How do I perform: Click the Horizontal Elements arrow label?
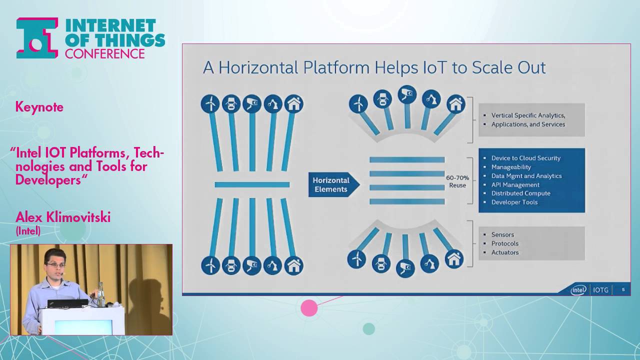click(x=331, y=185)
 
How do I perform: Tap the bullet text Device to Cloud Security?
click(x=525, y=158)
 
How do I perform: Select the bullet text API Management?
click(x=515, y=184)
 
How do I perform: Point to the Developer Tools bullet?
click(x=514, y=202)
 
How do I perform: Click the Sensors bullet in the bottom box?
click(x=502, y=234)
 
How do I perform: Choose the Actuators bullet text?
click(x=505, y=252)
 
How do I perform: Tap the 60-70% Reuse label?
click(x=457, y=181)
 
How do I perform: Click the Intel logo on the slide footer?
click(x=578, y=289)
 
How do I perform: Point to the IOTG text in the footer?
click(x=600, y=290)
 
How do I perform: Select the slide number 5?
click(x=623, y=289)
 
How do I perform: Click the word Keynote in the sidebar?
click(x=39, y=107)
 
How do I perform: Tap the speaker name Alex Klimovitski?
click(x=63, y=217)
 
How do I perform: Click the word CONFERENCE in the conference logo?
click(x=104, y=53)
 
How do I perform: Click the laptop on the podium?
click(x=67, y=303)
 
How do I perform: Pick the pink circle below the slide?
click(x=309, y=308)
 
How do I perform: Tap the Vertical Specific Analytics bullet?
click(x=528, y=115)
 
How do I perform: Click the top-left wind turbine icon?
click(x=210, y=104)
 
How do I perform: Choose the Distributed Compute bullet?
click(x=520, y=193)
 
